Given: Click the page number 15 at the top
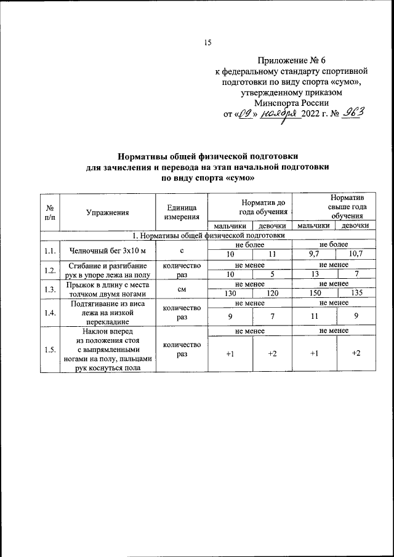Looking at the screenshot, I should click(207, 42).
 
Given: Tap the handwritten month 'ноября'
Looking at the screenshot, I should click(278, 113).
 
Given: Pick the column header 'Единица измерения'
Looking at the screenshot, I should click(182, 213).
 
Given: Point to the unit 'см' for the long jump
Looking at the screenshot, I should click(182, 289).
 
